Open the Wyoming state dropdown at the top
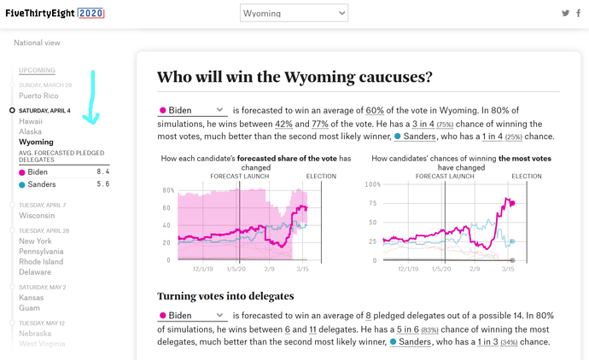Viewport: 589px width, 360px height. pos(294,13)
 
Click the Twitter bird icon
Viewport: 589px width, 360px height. pos(565,13)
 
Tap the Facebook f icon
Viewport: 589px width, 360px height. pos(579,13)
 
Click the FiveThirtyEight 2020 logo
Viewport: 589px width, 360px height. pos(55,13)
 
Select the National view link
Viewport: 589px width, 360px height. pos(37,43)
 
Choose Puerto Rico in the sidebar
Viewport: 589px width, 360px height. pos(38,96)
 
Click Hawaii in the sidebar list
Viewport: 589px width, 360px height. pos(31,121)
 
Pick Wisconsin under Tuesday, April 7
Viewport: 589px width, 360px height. pos(37,216)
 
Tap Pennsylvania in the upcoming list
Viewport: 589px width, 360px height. pos(41,251)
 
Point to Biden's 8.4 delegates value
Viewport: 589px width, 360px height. pos(103,171)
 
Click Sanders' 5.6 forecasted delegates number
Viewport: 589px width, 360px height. pos(103,184)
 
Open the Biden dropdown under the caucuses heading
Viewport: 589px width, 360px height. pos(192,110)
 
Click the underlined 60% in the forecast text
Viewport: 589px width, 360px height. pos(375,110)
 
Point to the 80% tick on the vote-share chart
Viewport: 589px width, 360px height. pos(168,190)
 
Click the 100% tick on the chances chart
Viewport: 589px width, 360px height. pos(373,184)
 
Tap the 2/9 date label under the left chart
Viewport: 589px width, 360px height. pos(270,269)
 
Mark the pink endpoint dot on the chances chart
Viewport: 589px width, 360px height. pos(512,203)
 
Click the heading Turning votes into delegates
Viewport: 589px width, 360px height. pos(225,296)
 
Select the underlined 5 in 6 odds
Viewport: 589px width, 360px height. pos(407,329)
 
